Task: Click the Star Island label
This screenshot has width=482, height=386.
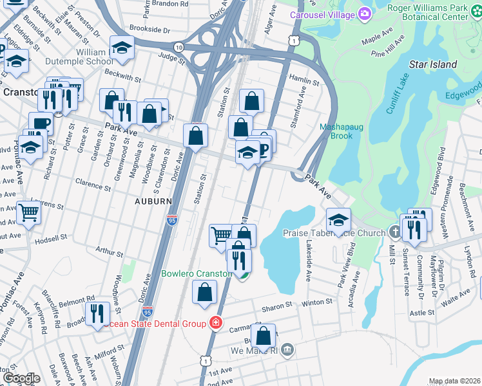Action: (x=433, y=64)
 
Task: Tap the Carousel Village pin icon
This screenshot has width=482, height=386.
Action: (x=365, y=14)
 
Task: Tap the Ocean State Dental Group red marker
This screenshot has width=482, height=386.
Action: (x=216, y=322)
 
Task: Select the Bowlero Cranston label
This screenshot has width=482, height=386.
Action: (x=196, y=273)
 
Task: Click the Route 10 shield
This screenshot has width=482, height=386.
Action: (x=178, y=47)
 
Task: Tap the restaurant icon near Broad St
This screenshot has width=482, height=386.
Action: (x=97, y=313)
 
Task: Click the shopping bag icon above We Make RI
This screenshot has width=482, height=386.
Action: (x=264, y=336)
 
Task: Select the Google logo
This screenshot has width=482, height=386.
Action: (x=21, y=378)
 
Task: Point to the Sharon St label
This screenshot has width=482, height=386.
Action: (x=278, y=308)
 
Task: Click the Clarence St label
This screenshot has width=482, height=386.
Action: (x=93, y=184)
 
